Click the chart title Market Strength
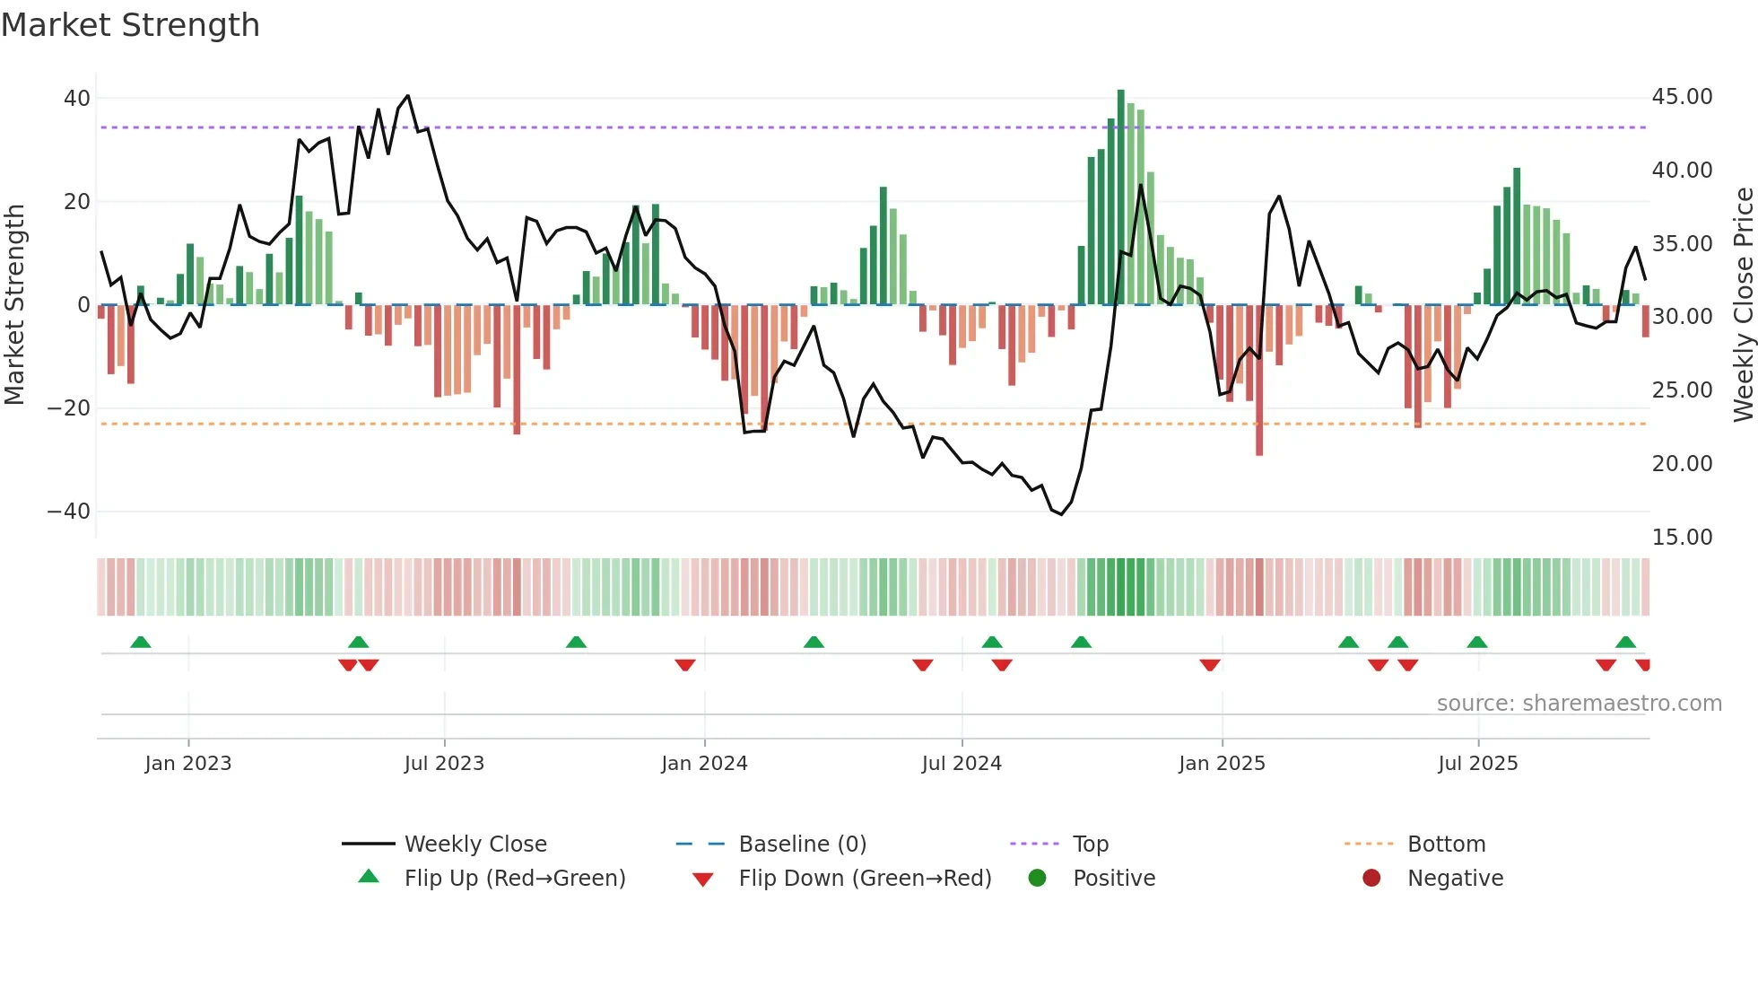130,25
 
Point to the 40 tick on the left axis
77,99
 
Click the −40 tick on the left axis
69,512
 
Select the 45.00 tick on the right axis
1682,97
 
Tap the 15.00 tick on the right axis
1682,538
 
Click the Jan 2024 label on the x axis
704,764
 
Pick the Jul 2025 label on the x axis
1477,764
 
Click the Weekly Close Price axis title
1743,305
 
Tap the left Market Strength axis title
15,305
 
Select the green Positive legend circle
1037,879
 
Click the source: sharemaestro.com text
1579,704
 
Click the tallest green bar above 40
1120,197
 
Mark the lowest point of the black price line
1061,514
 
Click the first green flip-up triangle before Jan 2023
141,642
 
